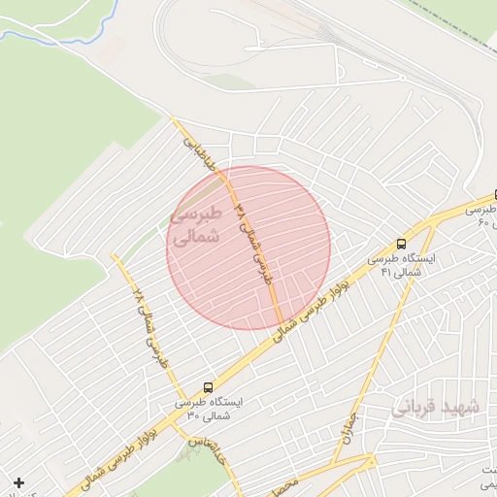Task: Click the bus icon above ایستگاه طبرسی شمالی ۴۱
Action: [402, 245]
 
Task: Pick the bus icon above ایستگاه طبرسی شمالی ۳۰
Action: [209, 386]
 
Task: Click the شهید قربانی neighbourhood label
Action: [433, 409]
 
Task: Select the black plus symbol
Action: [19, 482]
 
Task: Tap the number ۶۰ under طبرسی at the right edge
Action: [485, 223]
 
